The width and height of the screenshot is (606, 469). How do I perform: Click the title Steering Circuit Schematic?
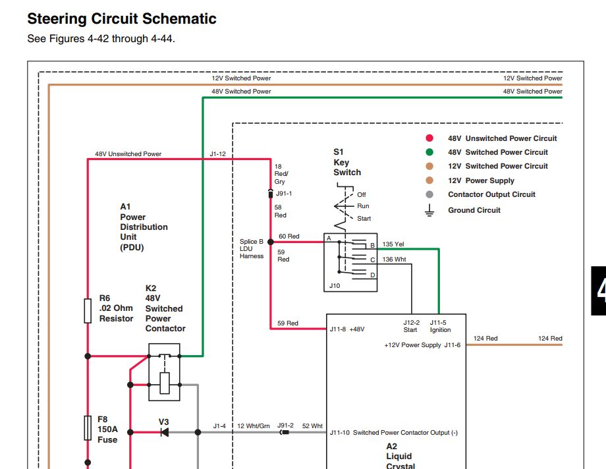click(122, 19)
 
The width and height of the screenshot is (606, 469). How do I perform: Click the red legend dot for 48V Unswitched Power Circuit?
click(429, 138)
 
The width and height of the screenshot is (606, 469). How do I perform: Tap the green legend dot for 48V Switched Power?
click(429, 152)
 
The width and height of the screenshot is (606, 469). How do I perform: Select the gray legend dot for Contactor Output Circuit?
click(429, 194)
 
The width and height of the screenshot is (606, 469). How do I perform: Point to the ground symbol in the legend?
click(429, 210)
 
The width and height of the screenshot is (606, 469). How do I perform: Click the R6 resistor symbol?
click(88, 310)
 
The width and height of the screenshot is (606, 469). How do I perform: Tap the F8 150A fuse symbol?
click(88, 428)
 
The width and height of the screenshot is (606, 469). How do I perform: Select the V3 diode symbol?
click(165, 432)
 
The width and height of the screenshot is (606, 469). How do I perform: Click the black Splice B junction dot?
click(271, 242)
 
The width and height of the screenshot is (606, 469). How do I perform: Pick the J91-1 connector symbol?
click(271, 194)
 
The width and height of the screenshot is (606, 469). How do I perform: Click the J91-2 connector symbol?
click(285, 432)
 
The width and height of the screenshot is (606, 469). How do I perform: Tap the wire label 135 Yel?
click(393, 244)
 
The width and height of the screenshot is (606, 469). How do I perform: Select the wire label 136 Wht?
click(394, 259)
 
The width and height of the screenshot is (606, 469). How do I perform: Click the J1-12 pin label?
click(217, 154)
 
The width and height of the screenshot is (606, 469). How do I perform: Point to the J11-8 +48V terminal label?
click(347, 329)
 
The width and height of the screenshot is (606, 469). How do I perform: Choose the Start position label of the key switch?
click(364, 219)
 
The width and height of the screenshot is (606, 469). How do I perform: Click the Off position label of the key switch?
click(362, 194)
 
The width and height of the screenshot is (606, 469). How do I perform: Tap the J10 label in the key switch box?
click(335, 286)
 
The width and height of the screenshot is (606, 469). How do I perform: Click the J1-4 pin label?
click(219, 426)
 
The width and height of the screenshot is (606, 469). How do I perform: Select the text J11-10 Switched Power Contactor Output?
click(393, 433)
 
